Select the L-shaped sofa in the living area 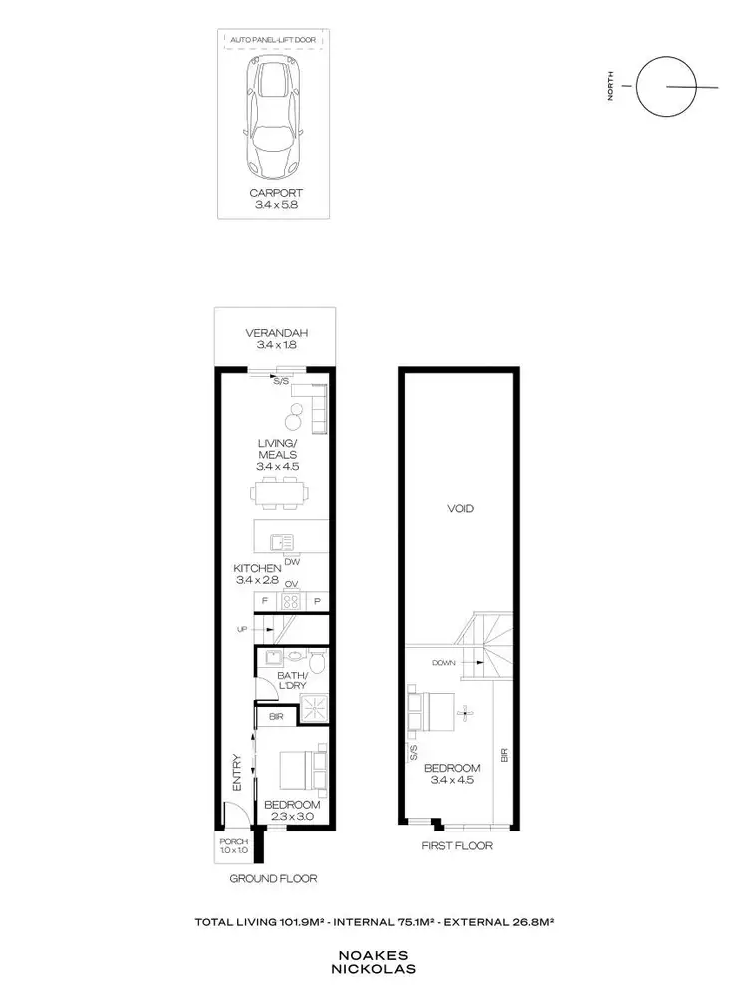pos(316,410)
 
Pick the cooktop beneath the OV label pos(291,601)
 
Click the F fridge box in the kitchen pos(266,601)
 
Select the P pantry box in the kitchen pos(317,601)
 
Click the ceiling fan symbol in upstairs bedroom pos(463,712)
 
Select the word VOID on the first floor pos(461,509)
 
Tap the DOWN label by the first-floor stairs pos(444,662)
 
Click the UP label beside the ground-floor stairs pos(242,629)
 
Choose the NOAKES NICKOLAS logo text pos(374,960)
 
